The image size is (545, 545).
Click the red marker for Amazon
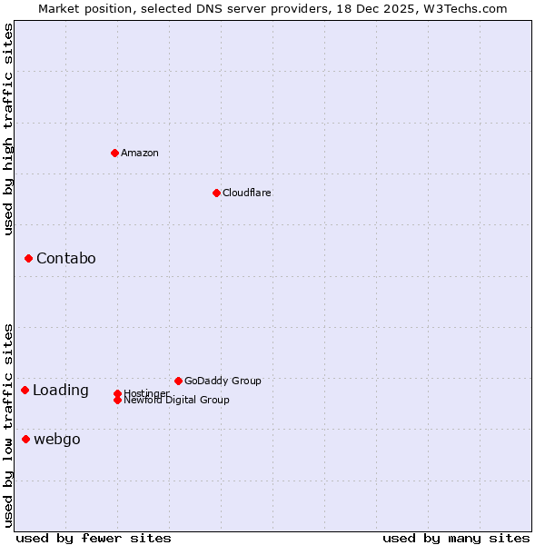(x=114, y=153)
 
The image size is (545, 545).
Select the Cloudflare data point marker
(x=216, y=193)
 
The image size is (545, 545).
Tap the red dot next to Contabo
(x=28, y=259)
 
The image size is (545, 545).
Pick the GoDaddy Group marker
(x=178, y=381)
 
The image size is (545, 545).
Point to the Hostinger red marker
(x=117, y=393)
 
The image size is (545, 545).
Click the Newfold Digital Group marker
(x=117, y=400)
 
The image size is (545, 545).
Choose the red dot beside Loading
(x=25, y=390)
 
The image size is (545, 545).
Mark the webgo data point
(x=25, y=440)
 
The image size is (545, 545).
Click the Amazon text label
(x=140, y=153)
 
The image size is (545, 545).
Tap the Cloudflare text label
(x=246, y=193)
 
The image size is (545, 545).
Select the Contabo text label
(x=65, y=259)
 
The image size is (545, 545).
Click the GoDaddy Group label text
(x=223, y=381)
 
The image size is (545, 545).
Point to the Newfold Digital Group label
(x=176, y=401)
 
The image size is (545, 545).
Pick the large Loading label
(x=60, y=391)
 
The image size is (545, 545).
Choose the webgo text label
(x=56, y=440)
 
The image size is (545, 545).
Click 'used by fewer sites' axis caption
(x=94, y=538)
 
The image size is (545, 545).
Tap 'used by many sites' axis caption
(x=456, y=538)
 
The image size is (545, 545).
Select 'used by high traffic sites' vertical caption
(x=8, y=129)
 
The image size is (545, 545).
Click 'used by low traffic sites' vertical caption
(x=8, y=425)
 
